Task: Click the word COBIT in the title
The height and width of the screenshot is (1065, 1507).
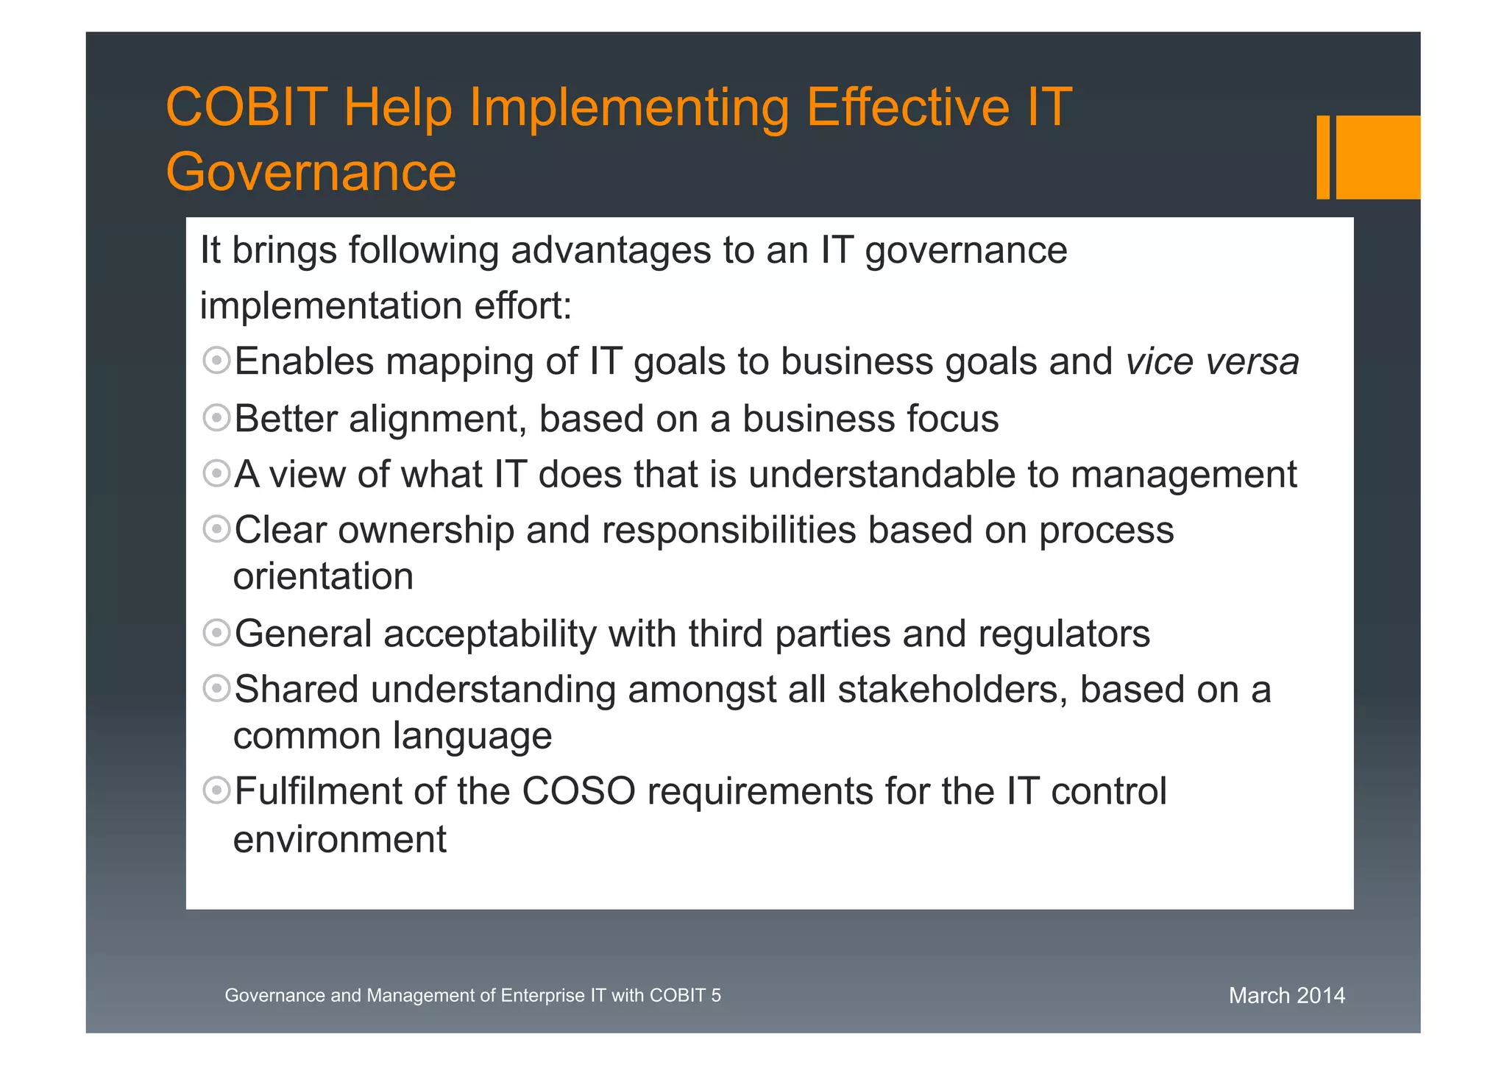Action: pos(246,107)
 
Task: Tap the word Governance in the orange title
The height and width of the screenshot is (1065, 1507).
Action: pos(311,172)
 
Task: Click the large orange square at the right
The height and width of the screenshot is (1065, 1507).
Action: pos(1377,157)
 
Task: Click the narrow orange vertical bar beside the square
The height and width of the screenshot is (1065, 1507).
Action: pos(1322,157)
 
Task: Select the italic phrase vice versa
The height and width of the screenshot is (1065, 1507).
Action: pos(1212,362)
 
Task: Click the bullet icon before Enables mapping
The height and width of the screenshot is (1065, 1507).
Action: pos(216,361)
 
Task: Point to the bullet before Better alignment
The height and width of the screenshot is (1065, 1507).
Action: pos(216,418)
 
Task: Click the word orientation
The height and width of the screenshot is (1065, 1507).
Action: pos(323,576)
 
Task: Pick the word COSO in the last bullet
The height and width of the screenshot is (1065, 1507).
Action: pos(578,792)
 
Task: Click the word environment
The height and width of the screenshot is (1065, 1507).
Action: pos(339,840)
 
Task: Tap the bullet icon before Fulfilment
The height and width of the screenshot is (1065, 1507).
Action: pos(216,791)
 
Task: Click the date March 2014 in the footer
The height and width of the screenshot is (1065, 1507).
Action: pos(1286,996)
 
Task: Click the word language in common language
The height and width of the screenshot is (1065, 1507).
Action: pos(472,736)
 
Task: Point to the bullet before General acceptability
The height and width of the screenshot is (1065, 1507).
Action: pos(216,633)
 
